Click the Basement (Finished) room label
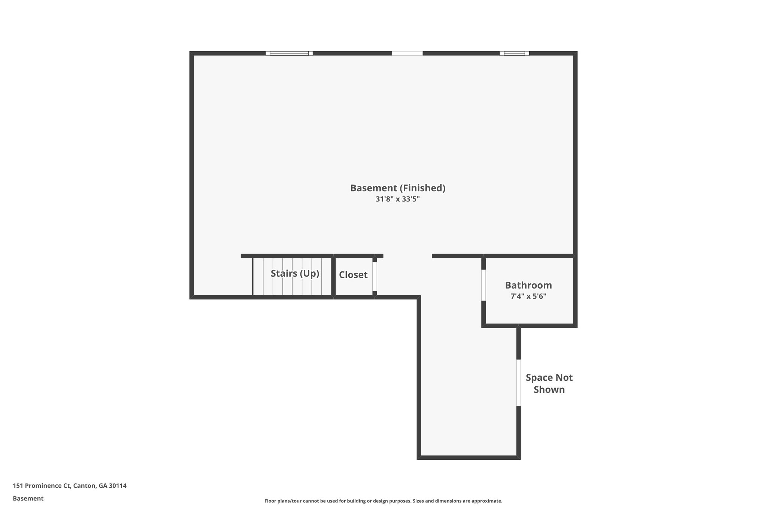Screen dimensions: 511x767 click(398, 188)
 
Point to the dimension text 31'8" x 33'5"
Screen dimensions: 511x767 click(398, 199)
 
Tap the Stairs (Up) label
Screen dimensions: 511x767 click(295, 274)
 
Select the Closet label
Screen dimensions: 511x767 click(353, 275)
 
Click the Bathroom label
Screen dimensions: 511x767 click(528, 285)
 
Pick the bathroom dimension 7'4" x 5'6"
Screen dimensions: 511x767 click(528, 296)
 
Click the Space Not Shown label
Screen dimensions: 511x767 click(549, 383)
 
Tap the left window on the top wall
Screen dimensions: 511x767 click(289, 53)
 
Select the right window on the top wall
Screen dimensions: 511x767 click(514, 53)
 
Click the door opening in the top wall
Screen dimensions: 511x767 click(407, 53)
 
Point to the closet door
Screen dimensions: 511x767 click(375, 276)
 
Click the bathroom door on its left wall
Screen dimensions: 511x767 click(483, 285)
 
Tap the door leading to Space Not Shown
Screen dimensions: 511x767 click(518, 383)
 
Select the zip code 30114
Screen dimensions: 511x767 click(118, 486)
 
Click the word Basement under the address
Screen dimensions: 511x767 click(28, 499)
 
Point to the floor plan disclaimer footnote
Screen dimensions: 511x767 click(383, 501)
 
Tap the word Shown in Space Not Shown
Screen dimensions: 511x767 click(549, 390)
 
